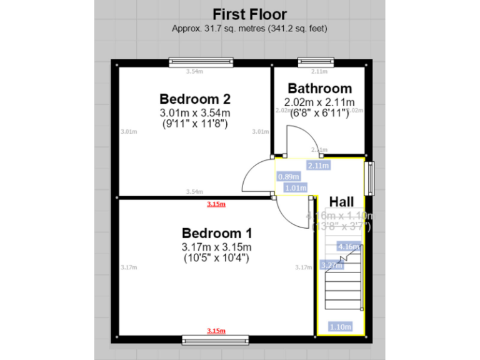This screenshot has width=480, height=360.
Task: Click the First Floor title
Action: pyautogui.click(x=249, y=14)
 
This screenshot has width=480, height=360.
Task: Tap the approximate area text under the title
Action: pyautogui.click(x=249, y=28)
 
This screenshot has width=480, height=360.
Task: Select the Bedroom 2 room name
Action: pyautogui.click(x=195, y=99)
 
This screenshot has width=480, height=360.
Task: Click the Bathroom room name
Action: pyautogui.click(x=319, y=88)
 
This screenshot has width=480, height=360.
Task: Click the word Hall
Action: pyautogui.click(x=342, y=201)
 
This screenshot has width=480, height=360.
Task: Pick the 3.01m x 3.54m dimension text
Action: pyautogui.click(x=195, y=112)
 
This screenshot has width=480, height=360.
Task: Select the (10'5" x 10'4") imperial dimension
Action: pyautogui.click(x=216, y=257)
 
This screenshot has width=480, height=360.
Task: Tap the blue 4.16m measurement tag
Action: pyautogui.click(x=347, y=246)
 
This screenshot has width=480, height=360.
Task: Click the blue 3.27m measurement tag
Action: pyautogui.click(x=331, y=265)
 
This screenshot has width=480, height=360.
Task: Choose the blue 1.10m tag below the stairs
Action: pyautogui.click(x=339, y=326)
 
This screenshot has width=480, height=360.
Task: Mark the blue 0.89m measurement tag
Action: pyautogui.click(x=288, y=177)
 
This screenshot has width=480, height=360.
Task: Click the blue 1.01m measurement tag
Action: pyautogui.click(x=295, y=187)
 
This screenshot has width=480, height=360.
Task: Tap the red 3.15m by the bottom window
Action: pyautogui.click(x=216, y=331)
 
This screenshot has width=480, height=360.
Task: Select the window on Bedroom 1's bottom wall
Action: pyautogui.click(x=216, y=339)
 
